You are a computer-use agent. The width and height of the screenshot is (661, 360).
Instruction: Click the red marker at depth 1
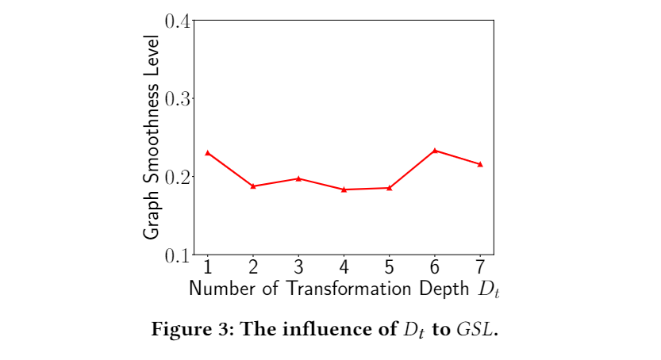207,152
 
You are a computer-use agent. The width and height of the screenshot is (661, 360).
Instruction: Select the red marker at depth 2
253,186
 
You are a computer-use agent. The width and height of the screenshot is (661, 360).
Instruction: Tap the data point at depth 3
298,178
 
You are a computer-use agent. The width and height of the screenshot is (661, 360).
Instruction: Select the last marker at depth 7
481,164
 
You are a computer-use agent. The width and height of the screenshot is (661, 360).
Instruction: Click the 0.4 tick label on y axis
176,21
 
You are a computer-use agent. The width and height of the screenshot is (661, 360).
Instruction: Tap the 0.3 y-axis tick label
176,98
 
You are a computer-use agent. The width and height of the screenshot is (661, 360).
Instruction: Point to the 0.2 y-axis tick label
176,176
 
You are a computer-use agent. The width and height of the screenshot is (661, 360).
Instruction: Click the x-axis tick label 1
207,266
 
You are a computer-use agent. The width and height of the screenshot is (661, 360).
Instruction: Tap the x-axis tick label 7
481,266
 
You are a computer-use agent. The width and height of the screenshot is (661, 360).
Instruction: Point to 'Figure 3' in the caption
182,329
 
